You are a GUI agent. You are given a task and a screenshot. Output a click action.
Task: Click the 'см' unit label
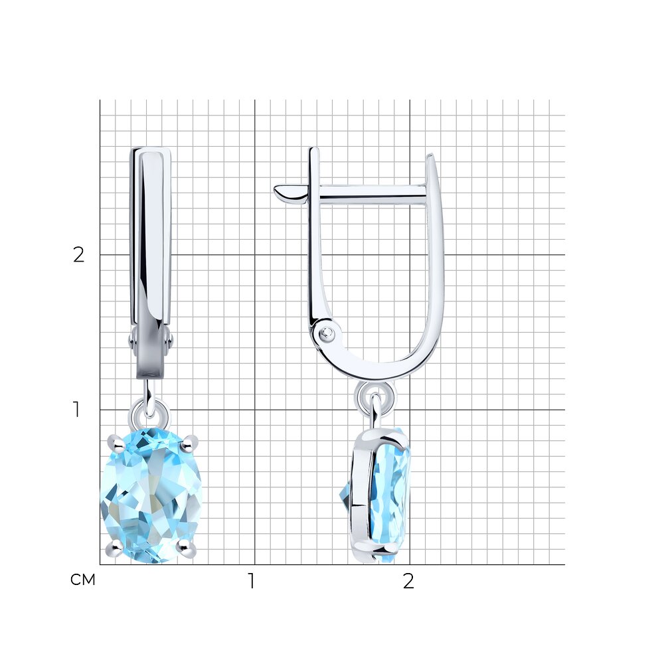coord(83,580)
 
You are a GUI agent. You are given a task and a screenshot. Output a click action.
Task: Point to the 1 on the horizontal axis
coord(252,581)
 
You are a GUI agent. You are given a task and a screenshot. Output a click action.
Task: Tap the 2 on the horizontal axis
coord(408,581)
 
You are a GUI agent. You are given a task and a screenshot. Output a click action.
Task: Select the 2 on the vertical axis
coord(79,254)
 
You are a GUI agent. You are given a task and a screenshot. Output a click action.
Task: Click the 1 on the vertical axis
coord(76,410)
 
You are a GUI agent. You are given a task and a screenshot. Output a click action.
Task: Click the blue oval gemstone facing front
coord(151,495)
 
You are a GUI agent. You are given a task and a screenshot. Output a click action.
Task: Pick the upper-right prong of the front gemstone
coord(189,442)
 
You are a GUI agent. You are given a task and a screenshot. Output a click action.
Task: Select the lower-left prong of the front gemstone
coord(114,548)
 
